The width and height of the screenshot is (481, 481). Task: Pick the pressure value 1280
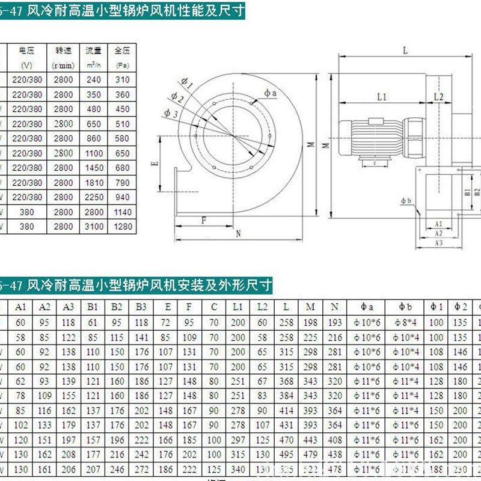[122, 227]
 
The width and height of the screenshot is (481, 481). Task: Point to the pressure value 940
[122, 197]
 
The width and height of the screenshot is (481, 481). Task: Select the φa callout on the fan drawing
[270, 93]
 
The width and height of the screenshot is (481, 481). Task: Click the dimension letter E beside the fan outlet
[155, 163]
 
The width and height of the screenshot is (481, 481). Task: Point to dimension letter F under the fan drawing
[204, 220]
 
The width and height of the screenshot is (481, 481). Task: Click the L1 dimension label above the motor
[382, 96]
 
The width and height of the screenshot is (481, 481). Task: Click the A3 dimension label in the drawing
[438, 243]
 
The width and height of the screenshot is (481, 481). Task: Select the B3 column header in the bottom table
[141, 307]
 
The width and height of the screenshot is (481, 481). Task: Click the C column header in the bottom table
[214, 307]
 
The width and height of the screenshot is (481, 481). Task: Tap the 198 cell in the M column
[310, 322]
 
